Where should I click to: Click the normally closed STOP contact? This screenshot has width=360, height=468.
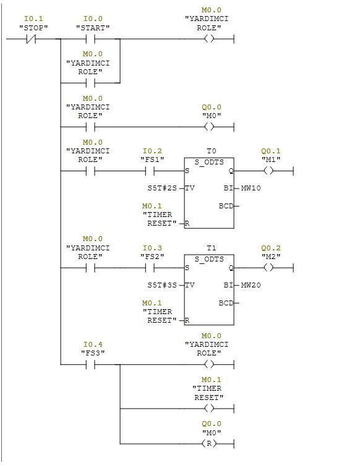pos(31,39)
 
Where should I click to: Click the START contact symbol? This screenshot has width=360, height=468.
pos(90,39)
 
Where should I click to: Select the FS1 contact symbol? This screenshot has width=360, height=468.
pos(150,171)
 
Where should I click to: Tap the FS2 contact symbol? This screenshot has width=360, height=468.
pos(150,268)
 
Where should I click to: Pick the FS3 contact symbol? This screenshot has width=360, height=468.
pos(90,364)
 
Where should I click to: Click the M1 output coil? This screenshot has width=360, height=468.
pos(268,171)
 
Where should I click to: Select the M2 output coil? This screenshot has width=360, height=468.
pos(268,268)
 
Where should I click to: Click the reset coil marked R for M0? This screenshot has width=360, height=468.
pos(209,444)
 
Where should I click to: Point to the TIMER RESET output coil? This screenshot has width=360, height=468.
pos(209,408)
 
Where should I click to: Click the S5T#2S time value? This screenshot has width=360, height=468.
pos(162,188)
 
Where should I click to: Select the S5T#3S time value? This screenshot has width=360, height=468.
pos(162,285)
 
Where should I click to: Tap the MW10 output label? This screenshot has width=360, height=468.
pos(251,188)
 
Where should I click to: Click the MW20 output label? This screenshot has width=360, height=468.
pos(251,285)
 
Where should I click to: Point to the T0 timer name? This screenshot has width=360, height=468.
pos(212,151)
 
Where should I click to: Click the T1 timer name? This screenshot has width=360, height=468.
pos(212,248)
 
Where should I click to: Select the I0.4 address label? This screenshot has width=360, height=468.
pos(93,344)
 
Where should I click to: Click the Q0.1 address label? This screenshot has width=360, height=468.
pos(271,151)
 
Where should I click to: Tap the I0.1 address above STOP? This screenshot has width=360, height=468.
pos(33,19)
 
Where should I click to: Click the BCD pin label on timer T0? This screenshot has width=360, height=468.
pos(226,206)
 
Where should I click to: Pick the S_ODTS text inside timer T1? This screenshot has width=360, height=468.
pos(209,260)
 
